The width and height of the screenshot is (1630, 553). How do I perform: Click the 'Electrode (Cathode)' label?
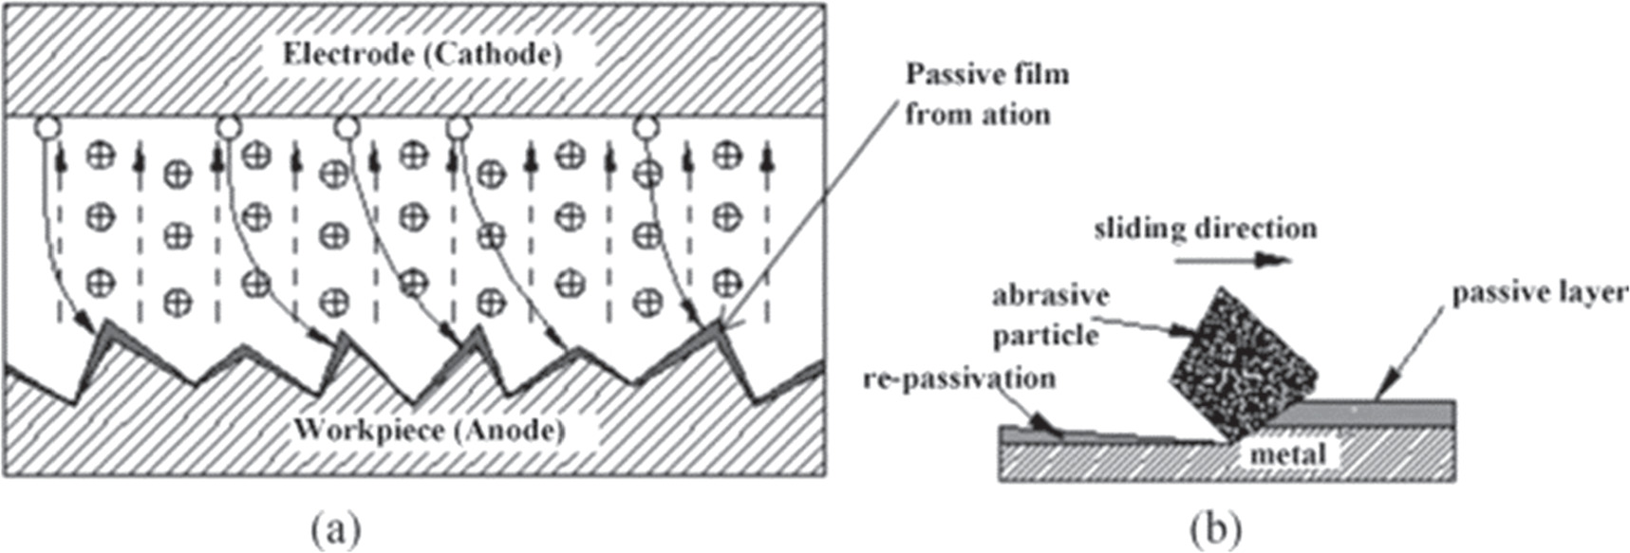[422, 54]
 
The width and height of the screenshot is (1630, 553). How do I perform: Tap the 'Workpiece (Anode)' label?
[429, 430]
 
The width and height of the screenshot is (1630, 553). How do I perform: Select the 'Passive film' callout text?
[986, 74]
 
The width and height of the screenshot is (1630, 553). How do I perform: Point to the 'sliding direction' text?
[1205, 229]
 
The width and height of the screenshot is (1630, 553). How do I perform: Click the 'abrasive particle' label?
[1050, 315]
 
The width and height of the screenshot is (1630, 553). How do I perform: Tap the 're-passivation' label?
[959, 378]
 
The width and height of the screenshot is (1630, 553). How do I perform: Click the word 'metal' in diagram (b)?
[1287, 454]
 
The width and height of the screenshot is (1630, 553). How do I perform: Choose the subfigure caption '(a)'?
[335, 527]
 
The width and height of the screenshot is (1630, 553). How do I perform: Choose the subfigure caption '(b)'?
[1214, 527]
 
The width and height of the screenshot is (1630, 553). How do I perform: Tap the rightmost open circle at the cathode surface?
[646, 126]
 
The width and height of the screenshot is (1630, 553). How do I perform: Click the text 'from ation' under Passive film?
[977, 115]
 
